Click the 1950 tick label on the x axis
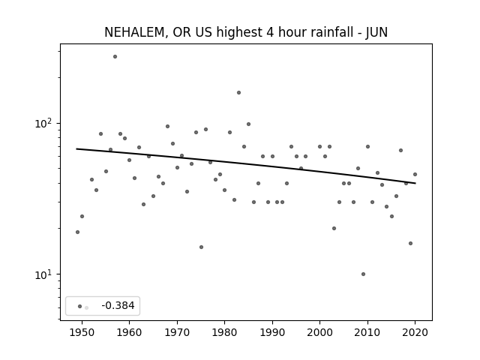click(82, 332)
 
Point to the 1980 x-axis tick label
click(225, 332)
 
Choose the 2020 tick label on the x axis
click(415, 332)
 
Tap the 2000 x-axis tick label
click(320, 332)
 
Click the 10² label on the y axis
click(43, 123)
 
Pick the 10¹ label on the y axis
click(43, 274)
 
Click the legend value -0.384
click(118, 305)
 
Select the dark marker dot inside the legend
click(80, 306)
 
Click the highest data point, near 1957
click(115, 57)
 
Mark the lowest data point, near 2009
click(363, 274)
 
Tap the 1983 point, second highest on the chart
click(238, 92)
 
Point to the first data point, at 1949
click(77, 232)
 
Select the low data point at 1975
click(201, 247)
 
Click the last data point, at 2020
click(415, 174)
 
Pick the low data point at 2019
click(410, 243)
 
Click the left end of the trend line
click(76, 148)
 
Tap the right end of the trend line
click(415, 183)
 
